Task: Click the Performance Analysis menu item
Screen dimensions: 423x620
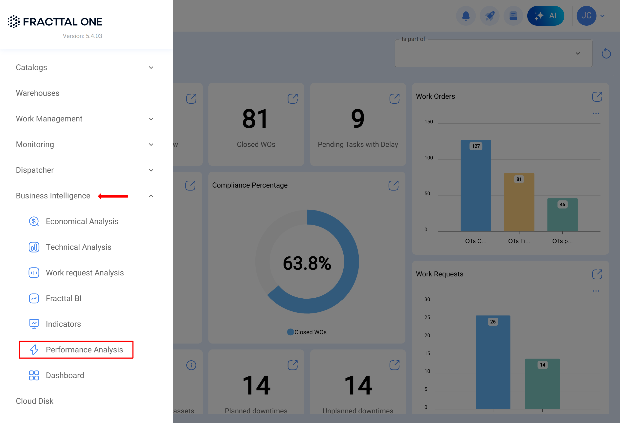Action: click(84, 349)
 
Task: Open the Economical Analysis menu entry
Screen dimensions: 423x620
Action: click(82, 221)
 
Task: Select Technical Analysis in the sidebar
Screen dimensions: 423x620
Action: click(78, 247)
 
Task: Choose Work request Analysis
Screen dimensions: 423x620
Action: click(85, 273)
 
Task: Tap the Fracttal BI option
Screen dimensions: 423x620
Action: click(64, 298)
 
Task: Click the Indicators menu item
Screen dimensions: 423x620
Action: click(63, 324)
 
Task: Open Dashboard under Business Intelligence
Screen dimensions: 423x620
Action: click(65, 375)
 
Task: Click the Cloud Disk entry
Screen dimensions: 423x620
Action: click(35, 401)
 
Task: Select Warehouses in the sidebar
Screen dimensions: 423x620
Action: click(38, 93)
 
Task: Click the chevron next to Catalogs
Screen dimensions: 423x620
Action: click(151, 68)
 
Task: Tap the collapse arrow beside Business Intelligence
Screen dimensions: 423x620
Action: click(151, 196)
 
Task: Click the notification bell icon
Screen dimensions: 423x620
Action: click(466, 16)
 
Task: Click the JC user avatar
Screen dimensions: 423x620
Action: click(586, 16)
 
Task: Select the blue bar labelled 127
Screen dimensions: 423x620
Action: click(476, 187)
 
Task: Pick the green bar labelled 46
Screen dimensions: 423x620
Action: click(562, 216)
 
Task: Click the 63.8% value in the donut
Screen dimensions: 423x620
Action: click(307, 263)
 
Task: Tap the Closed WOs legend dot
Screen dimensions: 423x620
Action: click(290, 332)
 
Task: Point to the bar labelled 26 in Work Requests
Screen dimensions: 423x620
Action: click(493, 362)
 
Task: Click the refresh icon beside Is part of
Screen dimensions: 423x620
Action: click(606, 54)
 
